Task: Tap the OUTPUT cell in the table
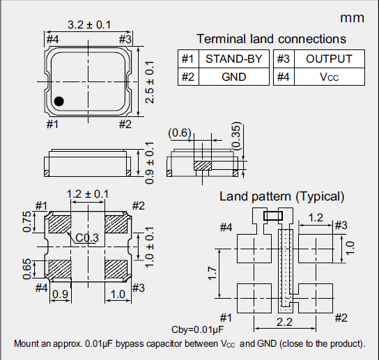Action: coord(329,59)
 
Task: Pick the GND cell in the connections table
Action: coord(233,77)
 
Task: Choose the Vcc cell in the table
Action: coord(329,77)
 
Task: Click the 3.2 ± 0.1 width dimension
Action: coord(88,25)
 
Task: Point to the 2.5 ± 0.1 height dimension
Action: coord(148,82)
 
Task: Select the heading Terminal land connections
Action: coord(271,39)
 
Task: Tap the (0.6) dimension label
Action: coord(180,132)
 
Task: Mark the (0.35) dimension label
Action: coord(236,136)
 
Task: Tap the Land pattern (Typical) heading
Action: coord(281,196)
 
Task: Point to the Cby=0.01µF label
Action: coord(197,329)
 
